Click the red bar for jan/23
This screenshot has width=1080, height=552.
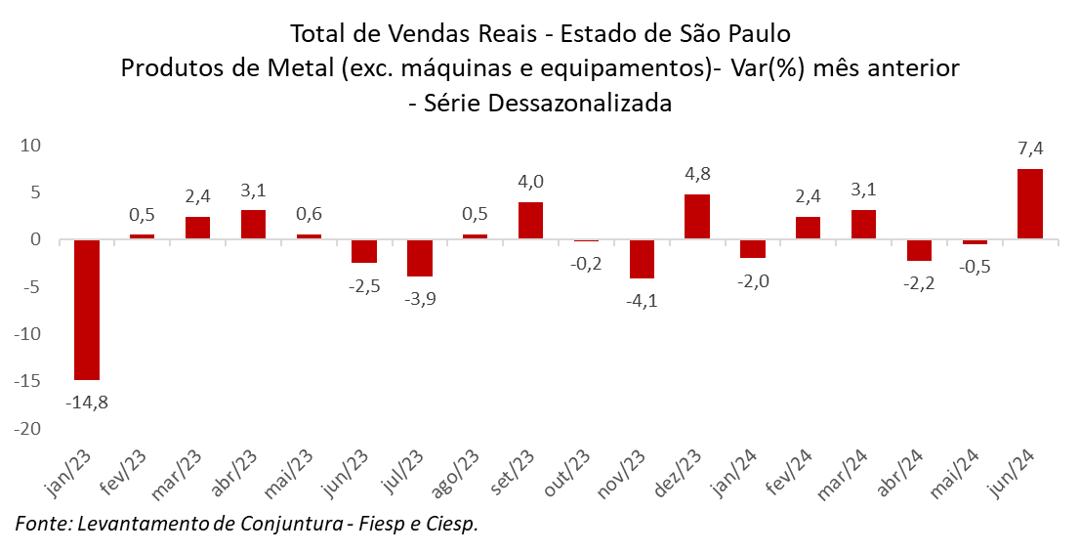(x=87, y=309)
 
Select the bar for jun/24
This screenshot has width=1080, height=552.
(x=1030, y=204)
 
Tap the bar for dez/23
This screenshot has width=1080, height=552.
(x=697, y=216)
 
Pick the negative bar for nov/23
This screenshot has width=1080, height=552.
(x=642, y=259)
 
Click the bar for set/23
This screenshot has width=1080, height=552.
(x=530, y=220)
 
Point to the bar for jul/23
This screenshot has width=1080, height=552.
(x=420, y=258)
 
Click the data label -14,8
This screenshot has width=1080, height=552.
(x=87, y=401)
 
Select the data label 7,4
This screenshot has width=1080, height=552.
(x=1030, y=149)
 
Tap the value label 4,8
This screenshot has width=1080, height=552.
(x=697, y=175)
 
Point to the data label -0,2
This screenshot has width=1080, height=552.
(x=586, y=262)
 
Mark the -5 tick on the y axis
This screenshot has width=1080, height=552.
(x=31, y=287)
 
